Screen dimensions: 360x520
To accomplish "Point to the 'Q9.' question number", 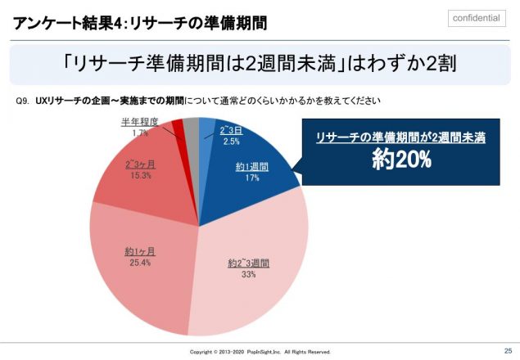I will pos(23,101).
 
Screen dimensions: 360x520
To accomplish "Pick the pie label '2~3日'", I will pos(232,130).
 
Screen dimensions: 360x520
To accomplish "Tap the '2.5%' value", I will pos(232,141).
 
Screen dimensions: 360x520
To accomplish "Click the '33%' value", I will pos(249,275).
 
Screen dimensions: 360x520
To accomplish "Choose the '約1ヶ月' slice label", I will pos(139,250).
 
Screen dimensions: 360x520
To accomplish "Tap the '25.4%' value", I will pos(139,262).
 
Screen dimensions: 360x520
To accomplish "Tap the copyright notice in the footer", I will pos(260,352).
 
